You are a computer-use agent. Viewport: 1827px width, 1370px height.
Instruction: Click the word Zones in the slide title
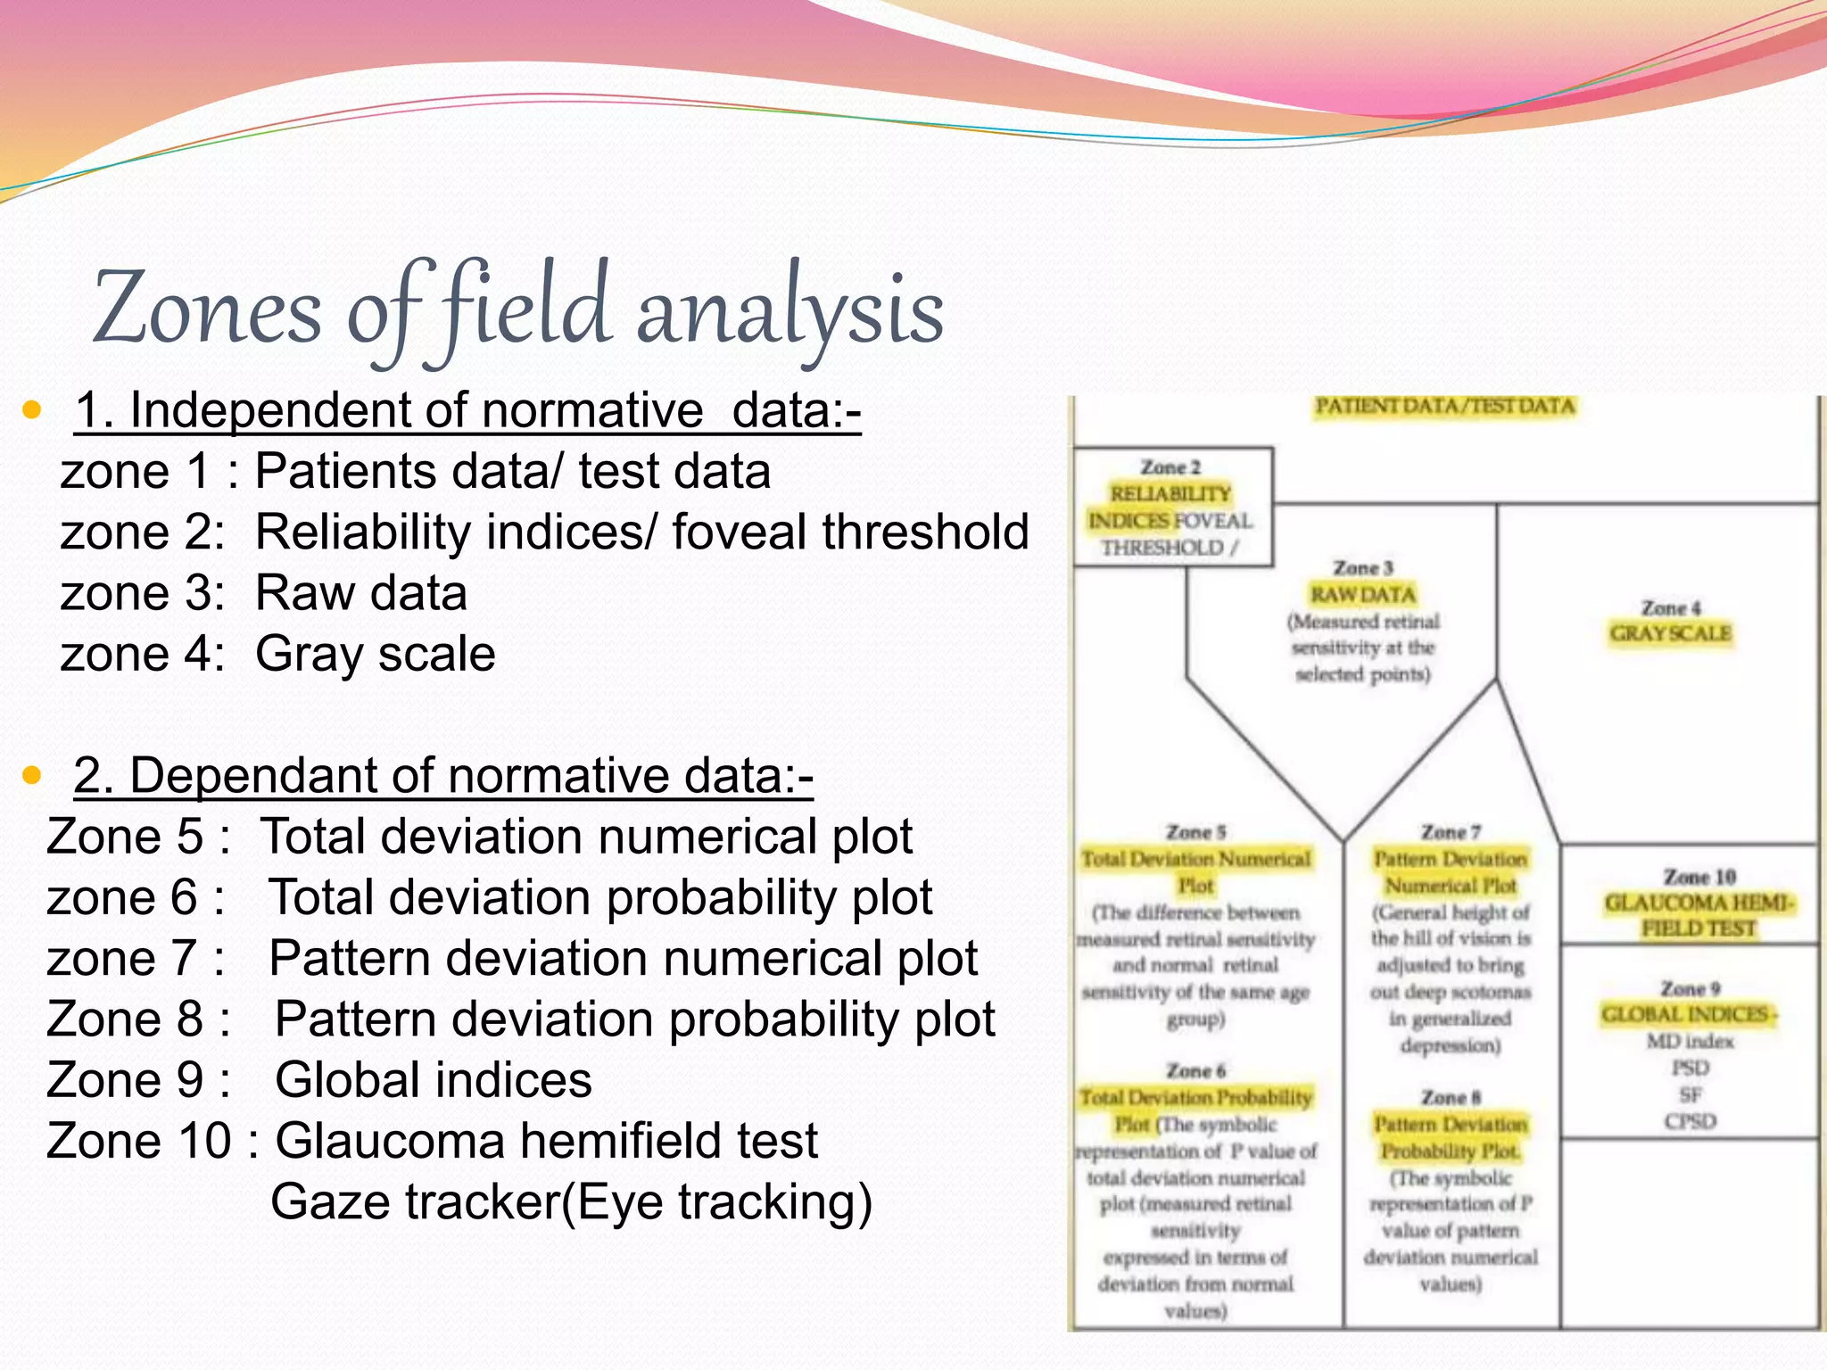[207, 309]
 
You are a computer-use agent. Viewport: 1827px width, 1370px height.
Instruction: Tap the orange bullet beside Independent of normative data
[33, 411]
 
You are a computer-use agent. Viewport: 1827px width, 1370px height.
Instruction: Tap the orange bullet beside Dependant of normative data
[33, 775]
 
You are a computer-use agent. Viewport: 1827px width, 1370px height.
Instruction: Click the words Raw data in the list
[360, 593]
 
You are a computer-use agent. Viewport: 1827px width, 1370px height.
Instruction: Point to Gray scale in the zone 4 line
[375, 654]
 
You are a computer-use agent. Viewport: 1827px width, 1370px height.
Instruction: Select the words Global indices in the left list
[433, 1080]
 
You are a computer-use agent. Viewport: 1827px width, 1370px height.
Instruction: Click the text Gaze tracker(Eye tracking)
[571, 1201]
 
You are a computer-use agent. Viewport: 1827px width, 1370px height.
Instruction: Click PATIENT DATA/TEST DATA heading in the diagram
[1445, 407]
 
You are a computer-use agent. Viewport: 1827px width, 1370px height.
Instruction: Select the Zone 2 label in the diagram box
[1170, 467]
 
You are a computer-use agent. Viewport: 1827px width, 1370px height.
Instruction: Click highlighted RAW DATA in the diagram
[1362, 594]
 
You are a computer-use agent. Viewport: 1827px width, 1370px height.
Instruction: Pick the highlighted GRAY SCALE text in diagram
[1670, 633]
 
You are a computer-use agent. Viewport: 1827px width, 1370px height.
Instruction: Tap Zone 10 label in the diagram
[1699, 877]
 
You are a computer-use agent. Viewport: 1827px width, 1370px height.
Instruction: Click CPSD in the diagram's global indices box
[1690, 1121]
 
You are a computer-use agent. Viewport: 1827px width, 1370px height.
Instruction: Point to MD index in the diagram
[1690, 1041]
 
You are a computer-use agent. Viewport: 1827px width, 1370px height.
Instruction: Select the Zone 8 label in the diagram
[1451, 1098]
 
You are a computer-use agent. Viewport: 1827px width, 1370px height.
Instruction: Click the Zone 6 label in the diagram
[1195, 1070]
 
